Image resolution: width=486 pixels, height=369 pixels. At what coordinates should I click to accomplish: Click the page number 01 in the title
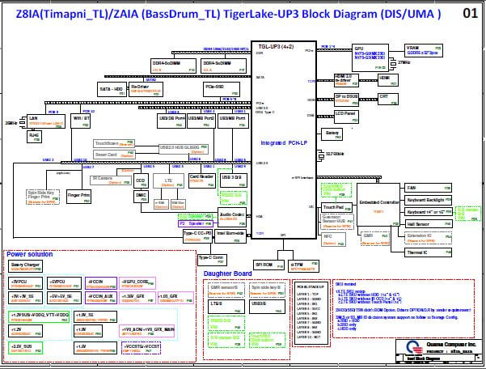click(469, 14)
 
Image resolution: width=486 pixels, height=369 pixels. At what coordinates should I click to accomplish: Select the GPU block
click(370, 53)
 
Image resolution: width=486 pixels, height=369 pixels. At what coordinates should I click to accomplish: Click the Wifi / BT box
click(82, 119)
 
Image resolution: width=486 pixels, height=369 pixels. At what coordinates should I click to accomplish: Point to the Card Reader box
click(201, 177)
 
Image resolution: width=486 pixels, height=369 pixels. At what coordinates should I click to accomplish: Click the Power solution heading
click(30, 255)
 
